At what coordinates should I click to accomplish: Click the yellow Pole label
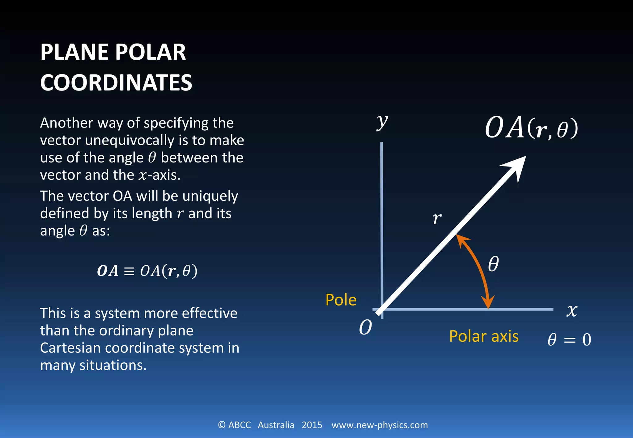click(341, 300)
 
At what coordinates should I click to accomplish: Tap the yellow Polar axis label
click(484, 336)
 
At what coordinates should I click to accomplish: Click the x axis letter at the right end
click(572, 310)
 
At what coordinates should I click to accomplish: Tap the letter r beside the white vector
click(437, 218)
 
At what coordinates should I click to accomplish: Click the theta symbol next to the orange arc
click(493, 264)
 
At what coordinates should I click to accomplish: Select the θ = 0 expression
click(569, 340)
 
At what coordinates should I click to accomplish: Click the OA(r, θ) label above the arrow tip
click(531, 128)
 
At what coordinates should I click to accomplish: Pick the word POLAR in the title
click(151, 52)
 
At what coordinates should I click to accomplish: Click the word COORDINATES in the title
click(116, 83)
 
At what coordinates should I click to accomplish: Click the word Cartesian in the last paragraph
click(70, 348)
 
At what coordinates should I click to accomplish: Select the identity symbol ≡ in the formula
click(129, 271)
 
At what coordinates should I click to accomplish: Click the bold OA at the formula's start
click(108, 271)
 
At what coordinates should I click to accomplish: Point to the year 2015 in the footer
click(312, 425)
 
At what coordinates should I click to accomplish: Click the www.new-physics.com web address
click(380, 425)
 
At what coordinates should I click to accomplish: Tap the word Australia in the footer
click(276, 425)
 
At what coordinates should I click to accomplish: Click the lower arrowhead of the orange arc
click(488, 302)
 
